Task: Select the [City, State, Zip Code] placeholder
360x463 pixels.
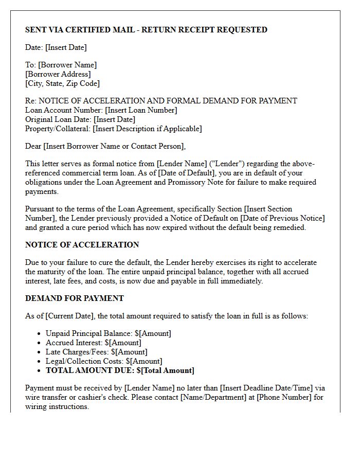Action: [x=62, y=83]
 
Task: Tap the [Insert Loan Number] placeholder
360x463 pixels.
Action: [x=141, y=110]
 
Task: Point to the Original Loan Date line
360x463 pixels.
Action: [x=80, y=119]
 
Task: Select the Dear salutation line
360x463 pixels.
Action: [x=105, y=146]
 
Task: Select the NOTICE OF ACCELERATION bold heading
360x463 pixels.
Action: [x=82, y=245]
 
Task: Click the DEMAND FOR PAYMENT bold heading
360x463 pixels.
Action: [x=75, y=298]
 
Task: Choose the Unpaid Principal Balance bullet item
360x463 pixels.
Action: [x=108, y=333]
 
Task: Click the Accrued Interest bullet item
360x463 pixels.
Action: [x=93, y=343]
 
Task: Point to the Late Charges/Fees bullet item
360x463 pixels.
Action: [x=96, y=352]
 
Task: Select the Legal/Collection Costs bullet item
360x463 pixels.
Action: [x=103, y=361]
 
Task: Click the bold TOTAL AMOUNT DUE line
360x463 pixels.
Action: [x=120, y=370]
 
